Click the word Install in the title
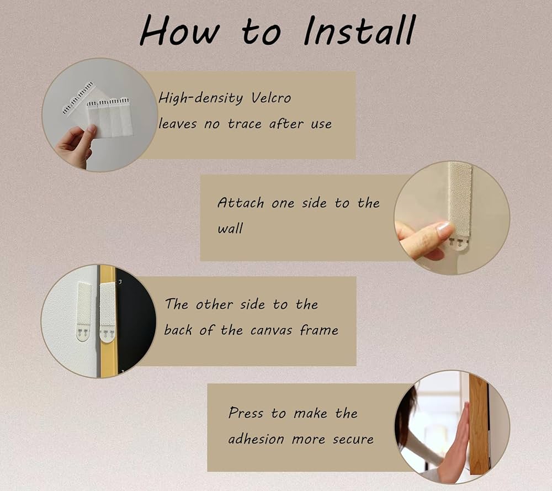point(359,30)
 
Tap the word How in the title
point(179,30)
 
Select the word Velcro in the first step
point(271,98)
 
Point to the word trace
point(244,124)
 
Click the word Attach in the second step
point(241,203)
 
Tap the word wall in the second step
point(230,228)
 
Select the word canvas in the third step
point(271,331)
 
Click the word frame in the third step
point(319,330)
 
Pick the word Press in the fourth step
point(246,413)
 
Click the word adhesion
point(256,439)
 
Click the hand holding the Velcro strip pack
point(75,146)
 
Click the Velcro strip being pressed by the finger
point(460,206)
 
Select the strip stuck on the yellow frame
point(107,312)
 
